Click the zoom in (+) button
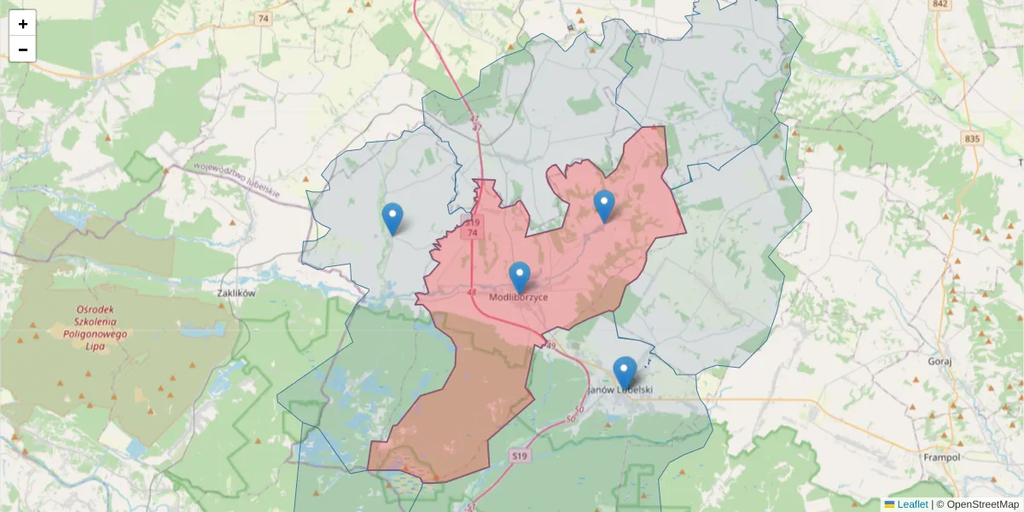coord(22,24)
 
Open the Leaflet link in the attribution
coord(912,504)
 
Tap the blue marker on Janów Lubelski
coord(625,372)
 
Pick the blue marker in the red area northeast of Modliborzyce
coord(604,206)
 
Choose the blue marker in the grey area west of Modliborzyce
coord(393,218)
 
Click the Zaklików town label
coord(236,293)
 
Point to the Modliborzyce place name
coord(519,298)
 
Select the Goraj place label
coord(939,361)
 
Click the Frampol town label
coord(942,457)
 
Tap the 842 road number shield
coord(940,4)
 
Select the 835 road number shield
coord(971,138)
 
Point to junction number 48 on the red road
coord(472,292)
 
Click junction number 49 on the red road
coord(550,346)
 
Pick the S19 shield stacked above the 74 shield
coord(472,223)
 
